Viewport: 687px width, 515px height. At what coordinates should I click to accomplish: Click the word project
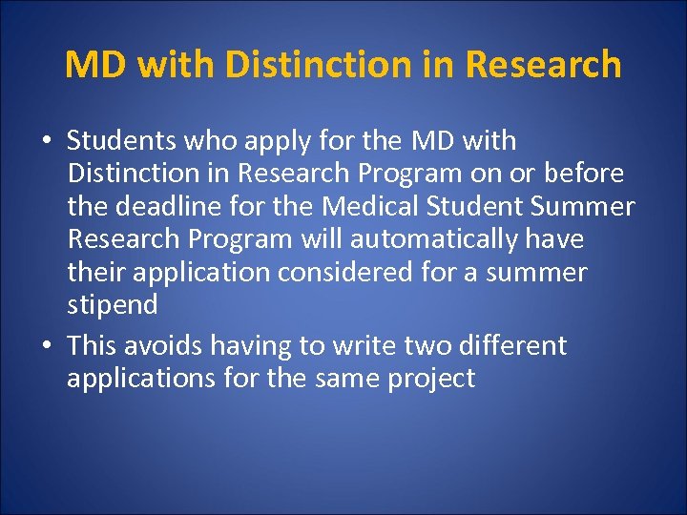click(x=431, y=379)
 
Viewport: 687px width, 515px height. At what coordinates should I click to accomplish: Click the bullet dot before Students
click(x=46, y=142)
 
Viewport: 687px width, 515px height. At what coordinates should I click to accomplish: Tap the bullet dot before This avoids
click(x=46, y=344)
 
